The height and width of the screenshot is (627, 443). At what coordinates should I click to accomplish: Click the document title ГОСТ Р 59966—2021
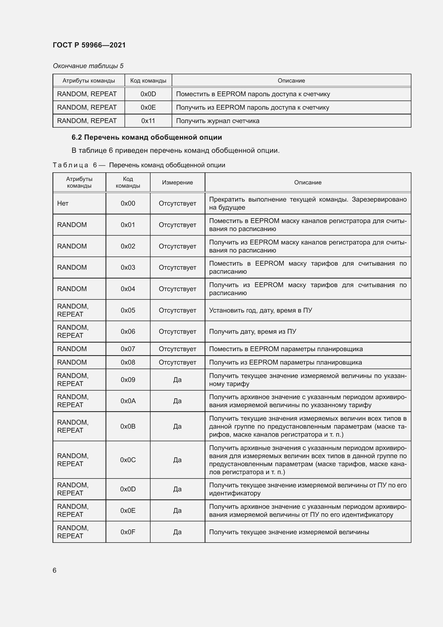click(x=89, y=45)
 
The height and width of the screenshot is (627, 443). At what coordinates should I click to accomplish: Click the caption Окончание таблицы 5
click(x=88, y=66)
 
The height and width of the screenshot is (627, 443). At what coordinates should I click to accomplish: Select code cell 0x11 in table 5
click(x=148, y=121)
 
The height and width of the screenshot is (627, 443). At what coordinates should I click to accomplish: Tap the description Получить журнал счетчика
click(x=218, y=121)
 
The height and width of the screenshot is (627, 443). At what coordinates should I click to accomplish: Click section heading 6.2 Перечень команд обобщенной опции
click(x=147, y=137)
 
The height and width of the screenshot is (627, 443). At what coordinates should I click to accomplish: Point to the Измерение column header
click(x=177, y=183)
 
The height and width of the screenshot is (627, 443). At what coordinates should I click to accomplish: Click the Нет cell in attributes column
click(x=63, y=203)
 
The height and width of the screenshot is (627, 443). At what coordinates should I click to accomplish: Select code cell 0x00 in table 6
click(x=128, y=203)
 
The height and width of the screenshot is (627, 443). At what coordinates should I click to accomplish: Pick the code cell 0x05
click(x=128, y=310)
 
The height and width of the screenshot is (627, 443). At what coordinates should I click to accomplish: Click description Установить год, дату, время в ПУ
click(x=261, y=310)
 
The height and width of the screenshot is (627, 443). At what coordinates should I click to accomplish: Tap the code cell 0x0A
click(x=128, y=401)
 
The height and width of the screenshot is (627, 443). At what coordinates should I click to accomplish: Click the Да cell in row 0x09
click(x=177, y=380)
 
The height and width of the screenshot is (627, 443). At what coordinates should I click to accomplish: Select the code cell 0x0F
click(x=128, y=532)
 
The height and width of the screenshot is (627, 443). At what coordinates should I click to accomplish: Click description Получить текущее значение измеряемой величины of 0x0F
click(x=289, y=532)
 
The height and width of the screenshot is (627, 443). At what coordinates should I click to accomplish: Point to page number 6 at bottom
click(x=55, y=570)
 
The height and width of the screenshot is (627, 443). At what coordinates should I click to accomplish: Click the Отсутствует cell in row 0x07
click(x=177, y=349)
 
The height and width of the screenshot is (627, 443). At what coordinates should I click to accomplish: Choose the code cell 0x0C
click(x=128, y=460)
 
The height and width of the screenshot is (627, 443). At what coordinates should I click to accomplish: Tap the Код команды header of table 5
click(x=148, y=81)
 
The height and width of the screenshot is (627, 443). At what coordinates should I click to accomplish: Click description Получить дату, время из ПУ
click(x=253, y=332)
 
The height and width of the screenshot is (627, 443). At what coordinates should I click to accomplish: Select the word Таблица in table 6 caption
click(x=70, y=165)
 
